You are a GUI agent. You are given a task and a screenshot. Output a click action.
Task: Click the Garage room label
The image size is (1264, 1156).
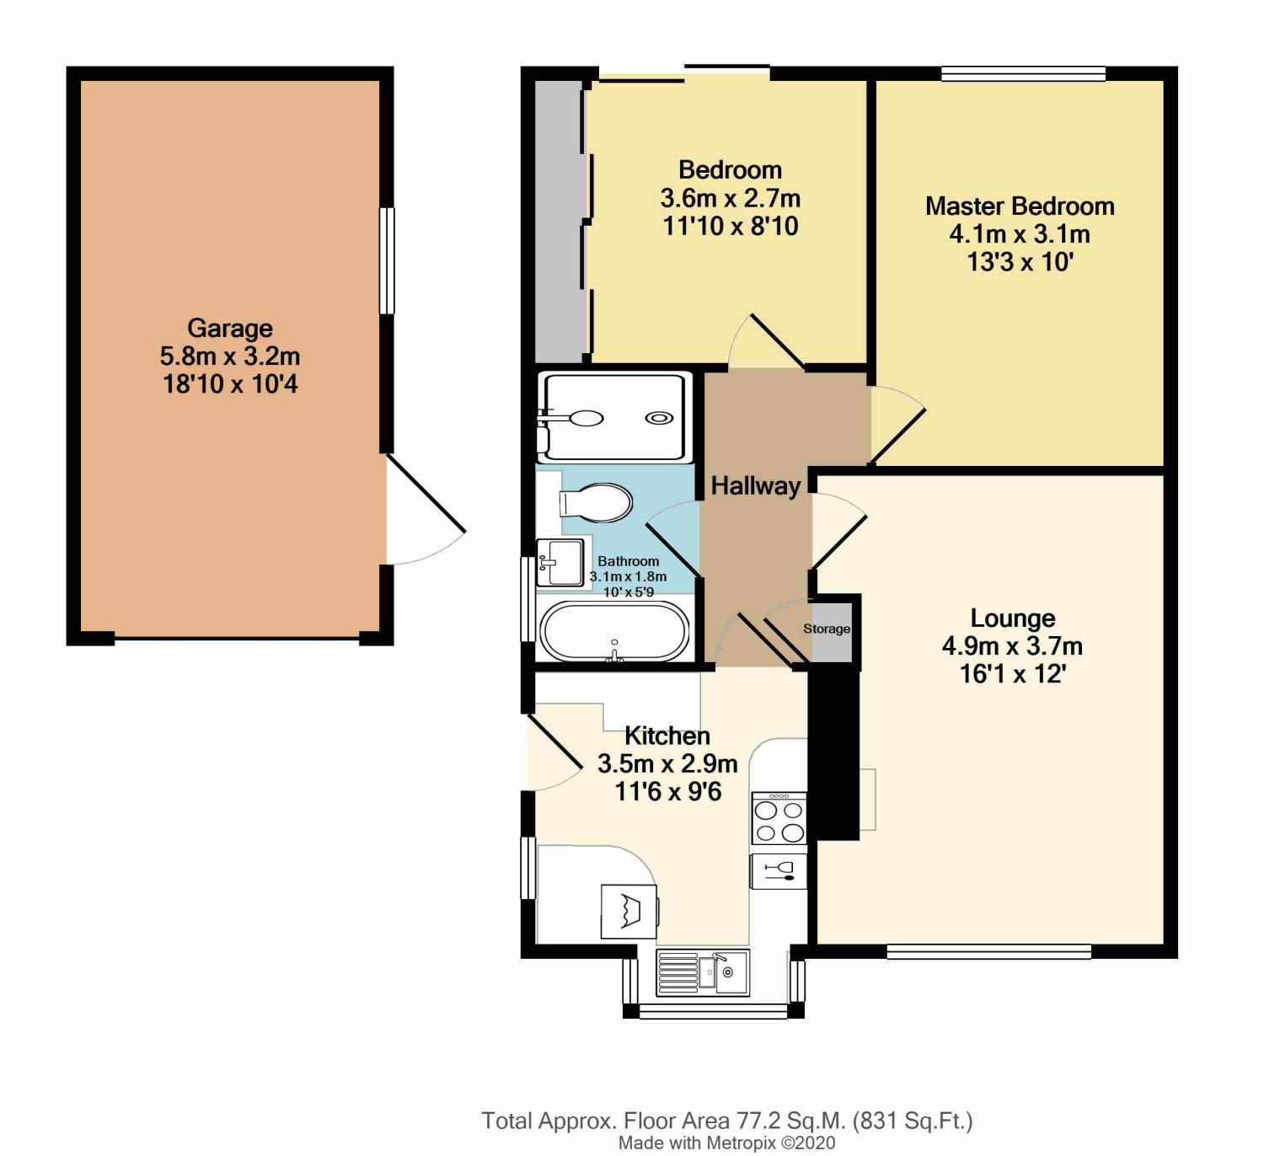229,328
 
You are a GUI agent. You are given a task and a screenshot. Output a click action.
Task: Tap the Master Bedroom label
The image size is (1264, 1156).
1020,206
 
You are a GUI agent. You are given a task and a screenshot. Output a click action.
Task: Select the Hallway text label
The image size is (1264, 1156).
755,486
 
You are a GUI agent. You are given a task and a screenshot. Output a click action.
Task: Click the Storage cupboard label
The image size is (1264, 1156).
826,629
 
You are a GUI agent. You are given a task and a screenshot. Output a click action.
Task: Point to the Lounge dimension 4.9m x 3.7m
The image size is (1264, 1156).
1012,646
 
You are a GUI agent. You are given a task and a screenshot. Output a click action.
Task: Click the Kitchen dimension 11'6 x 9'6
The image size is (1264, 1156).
668,792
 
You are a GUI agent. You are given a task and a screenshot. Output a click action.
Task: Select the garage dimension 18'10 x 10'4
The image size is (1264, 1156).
230,384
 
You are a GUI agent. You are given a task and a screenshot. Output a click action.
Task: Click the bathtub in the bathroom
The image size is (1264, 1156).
614,631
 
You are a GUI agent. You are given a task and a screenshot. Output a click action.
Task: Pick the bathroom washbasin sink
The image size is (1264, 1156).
560,562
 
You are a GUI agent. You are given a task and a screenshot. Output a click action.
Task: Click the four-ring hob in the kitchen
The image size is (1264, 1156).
779,820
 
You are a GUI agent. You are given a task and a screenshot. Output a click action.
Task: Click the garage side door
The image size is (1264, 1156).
426,510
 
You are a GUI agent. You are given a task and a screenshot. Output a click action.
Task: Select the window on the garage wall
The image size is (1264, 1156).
387,260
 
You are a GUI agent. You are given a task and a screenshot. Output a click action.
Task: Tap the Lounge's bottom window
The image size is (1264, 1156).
988,952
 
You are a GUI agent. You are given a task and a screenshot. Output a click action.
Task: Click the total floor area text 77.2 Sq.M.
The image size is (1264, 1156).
726,1121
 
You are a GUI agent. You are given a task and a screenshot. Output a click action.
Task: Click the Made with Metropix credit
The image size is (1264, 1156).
726,1143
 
